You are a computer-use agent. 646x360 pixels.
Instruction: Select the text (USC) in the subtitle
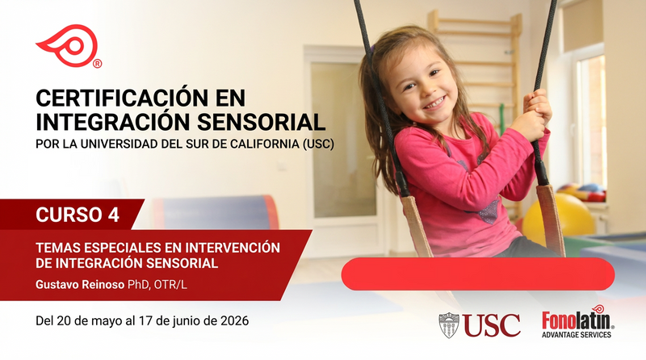[x=318, y=144]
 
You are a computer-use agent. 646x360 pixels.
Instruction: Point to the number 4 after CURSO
[x=113, y=215]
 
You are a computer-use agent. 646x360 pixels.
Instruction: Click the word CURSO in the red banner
[x=69, y=215]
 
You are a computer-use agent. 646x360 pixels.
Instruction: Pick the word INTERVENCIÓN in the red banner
[x=233, y=248]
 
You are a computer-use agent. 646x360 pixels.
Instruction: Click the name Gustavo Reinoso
[x=80, y=285]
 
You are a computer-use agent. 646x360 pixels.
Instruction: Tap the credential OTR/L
[x=170, y=285]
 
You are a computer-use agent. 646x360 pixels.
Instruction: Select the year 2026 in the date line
[x=234, y=320]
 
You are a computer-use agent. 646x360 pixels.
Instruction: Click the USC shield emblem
[x=449, y=325]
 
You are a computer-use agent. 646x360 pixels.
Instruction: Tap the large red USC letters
[x=492, y=325]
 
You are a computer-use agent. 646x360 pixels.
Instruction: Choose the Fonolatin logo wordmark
[x=577, y=319]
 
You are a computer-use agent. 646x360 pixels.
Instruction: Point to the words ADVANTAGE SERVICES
[x=577, y=334]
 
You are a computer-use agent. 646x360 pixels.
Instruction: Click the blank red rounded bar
[x=478, y=274]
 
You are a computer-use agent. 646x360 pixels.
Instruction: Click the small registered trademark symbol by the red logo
[x=97, y=64]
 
